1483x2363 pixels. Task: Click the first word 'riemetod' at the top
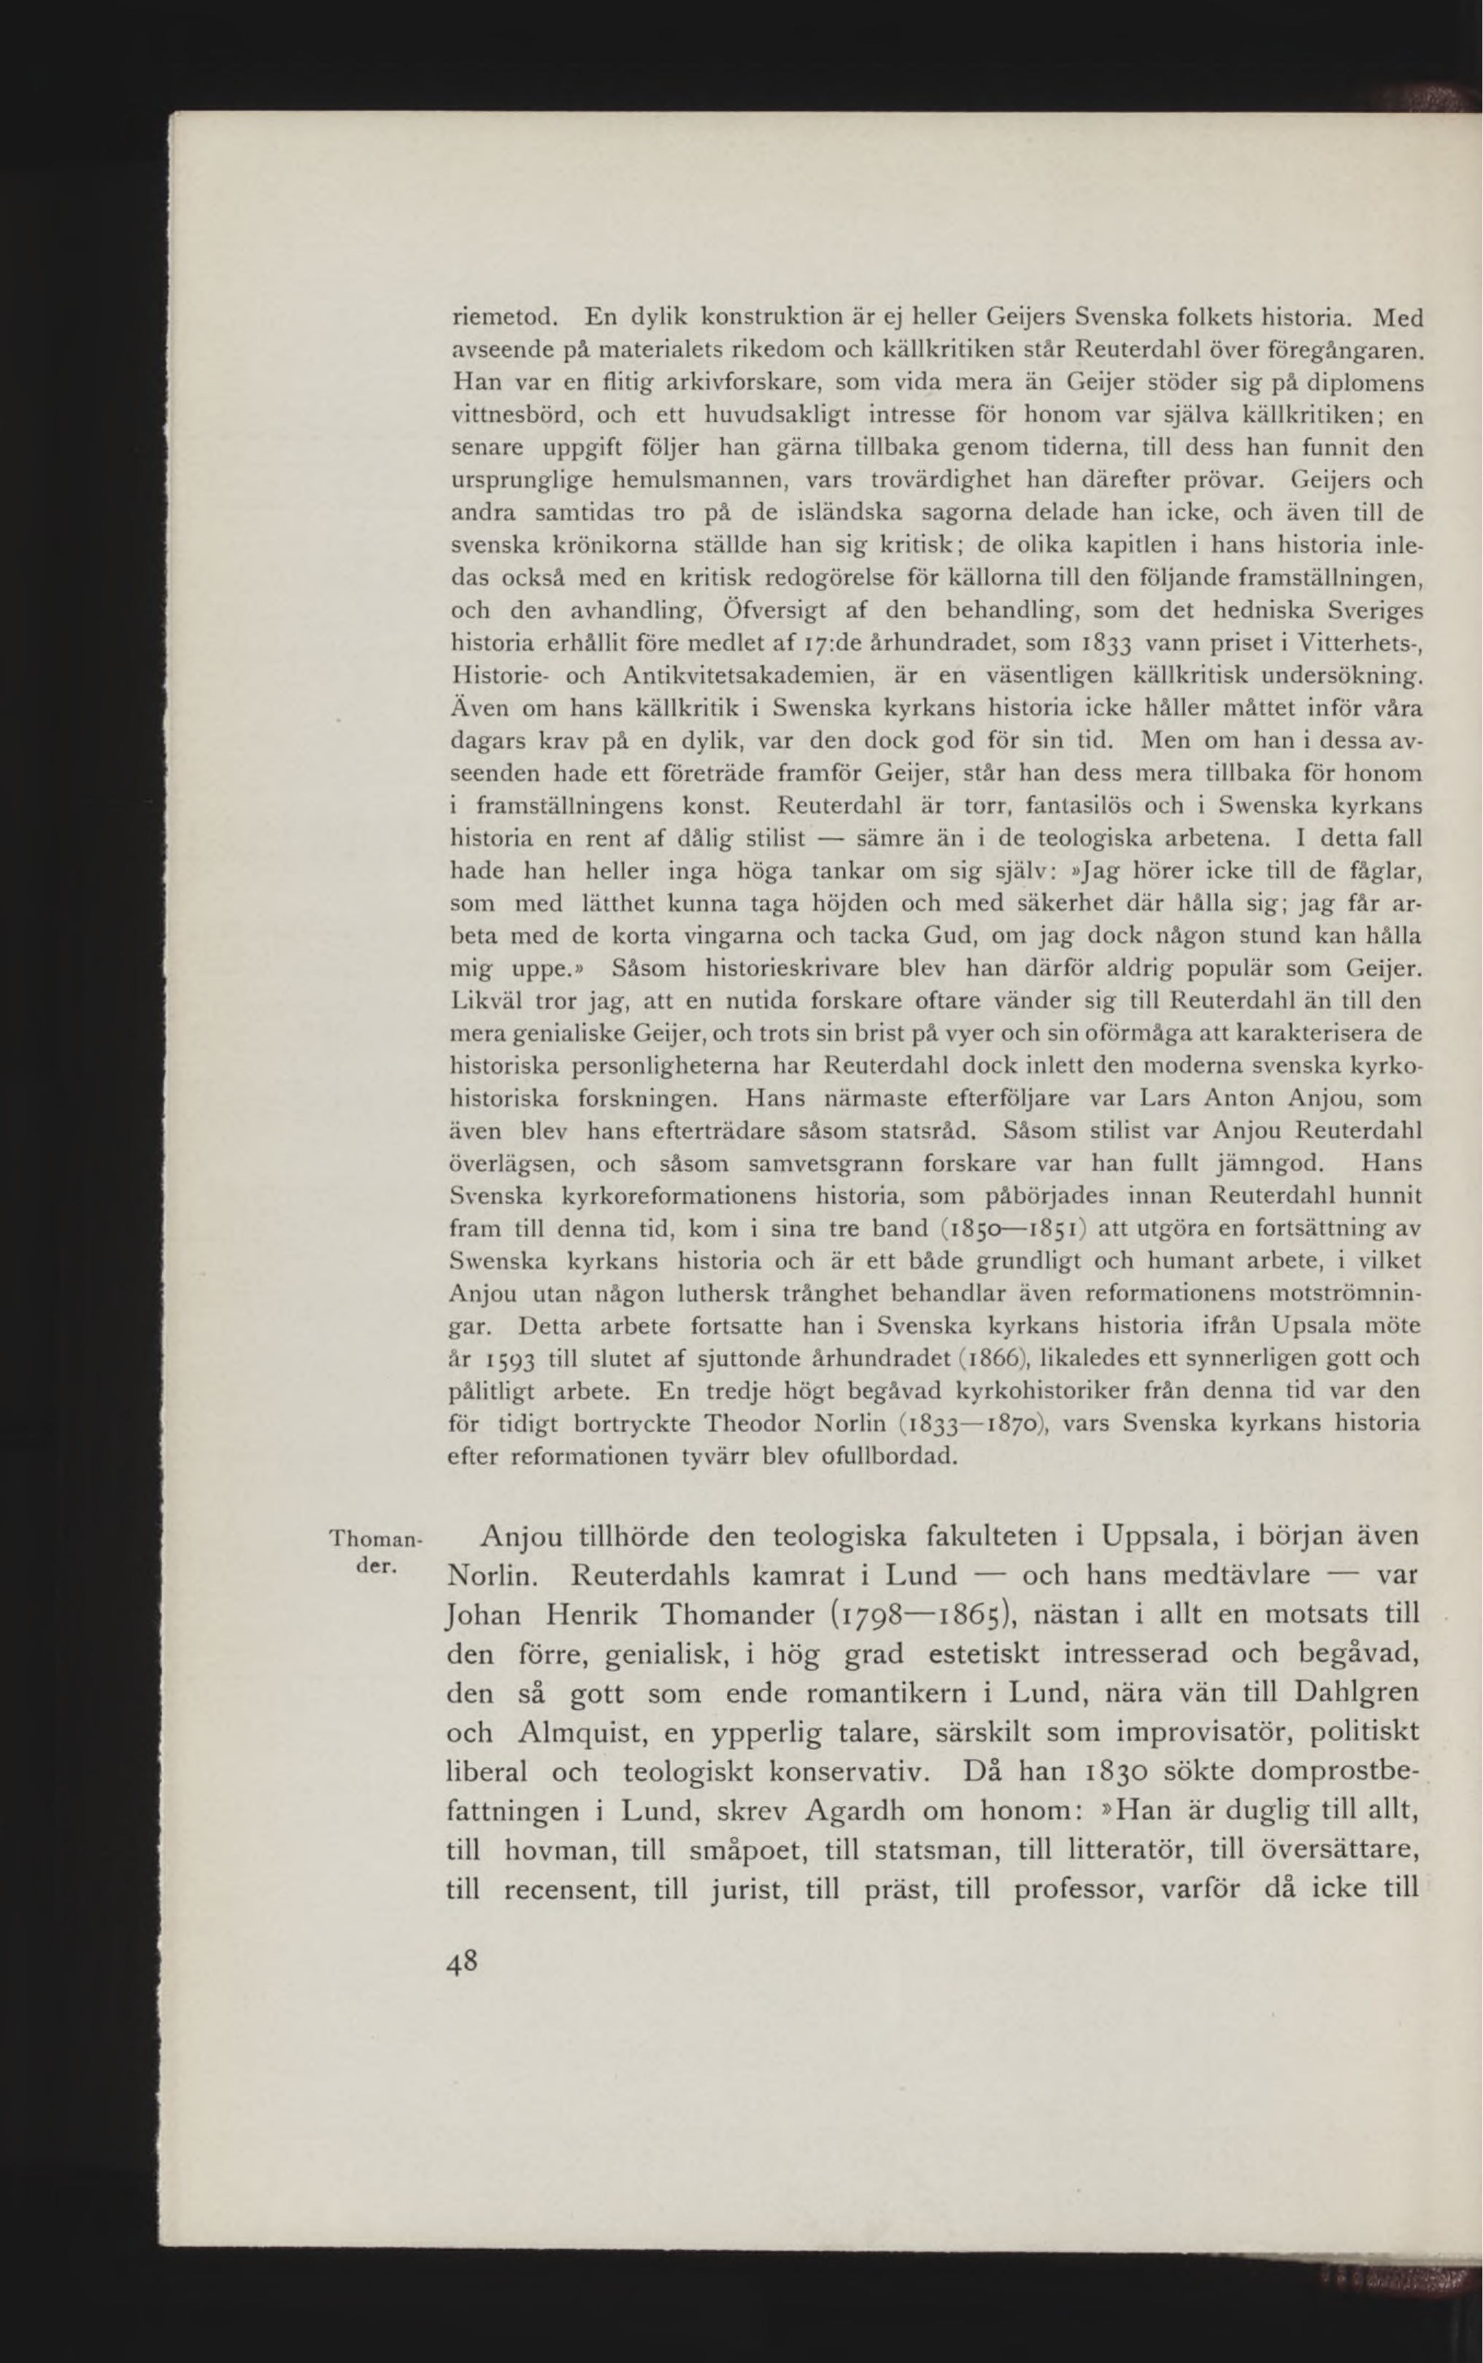[504, 317]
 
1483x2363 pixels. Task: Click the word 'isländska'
[842, 513]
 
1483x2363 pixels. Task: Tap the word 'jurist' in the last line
[750, 1889]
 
